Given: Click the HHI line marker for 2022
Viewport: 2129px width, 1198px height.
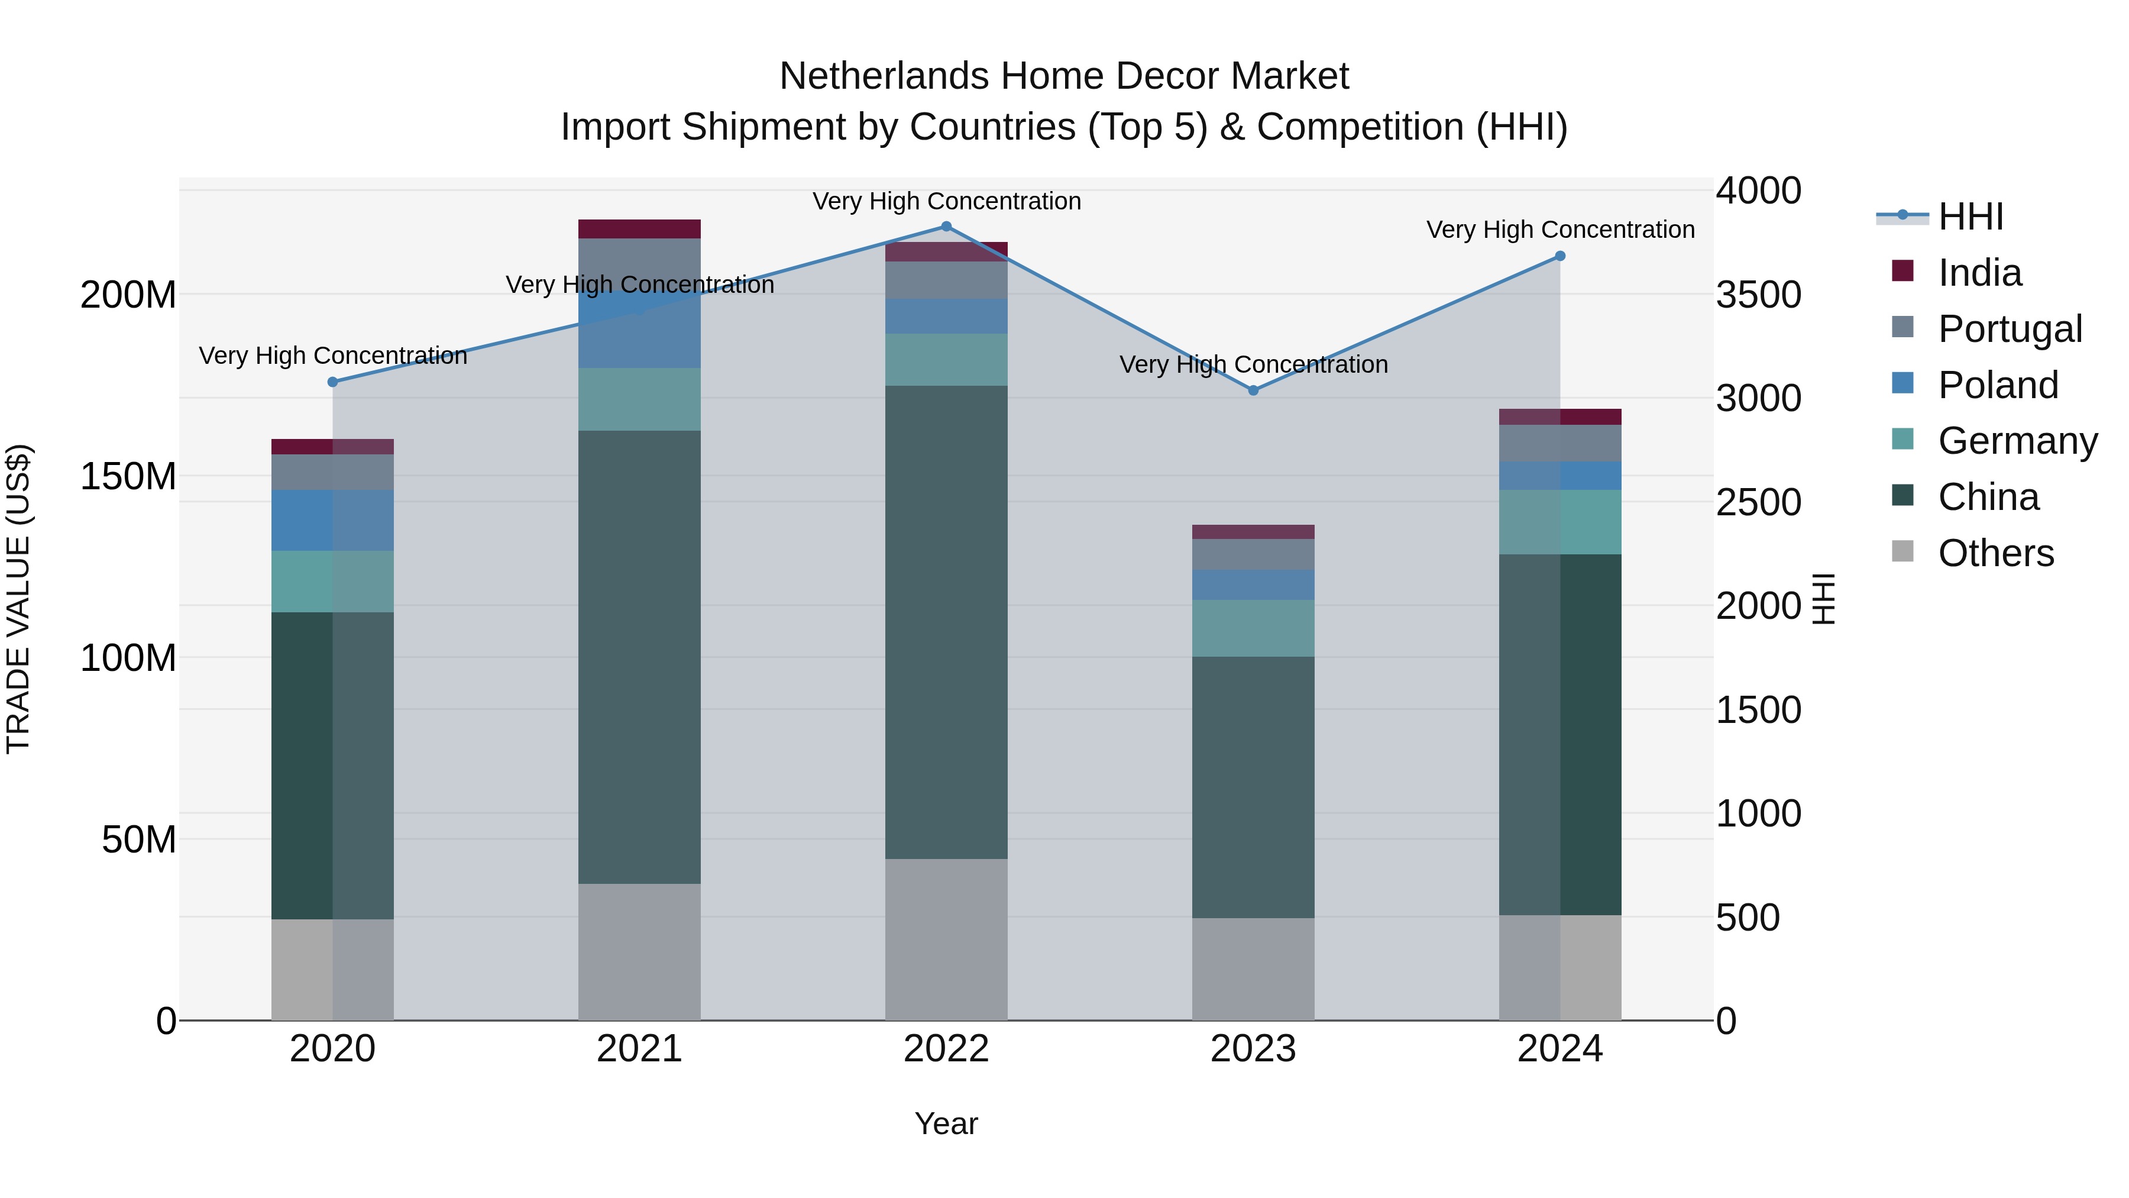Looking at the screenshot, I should [946, 227].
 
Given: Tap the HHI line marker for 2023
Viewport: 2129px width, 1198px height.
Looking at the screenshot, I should [1253, 390].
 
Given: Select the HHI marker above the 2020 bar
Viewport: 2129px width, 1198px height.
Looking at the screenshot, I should [333, 382].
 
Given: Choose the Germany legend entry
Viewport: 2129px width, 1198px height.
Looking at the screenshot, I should [2017, 441].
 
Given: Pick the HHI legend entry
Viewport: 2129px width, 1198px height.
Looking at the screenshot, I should [1971, 217].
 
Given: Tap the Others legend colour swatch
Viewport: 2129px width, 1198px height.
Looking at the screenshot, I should [1902, 551].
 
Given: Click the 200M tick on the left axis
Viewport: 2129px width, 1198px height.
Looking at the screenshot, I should [128, 295].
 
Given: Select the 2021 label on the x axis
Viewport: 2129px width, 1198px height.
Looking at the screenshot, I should [639, 1049].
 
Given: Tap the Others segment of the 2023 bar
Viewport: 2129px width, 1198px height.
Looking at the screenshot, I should [1253, 969].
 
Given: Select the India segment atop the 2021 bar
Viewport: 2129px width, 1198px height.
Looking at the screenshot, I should [639, 229].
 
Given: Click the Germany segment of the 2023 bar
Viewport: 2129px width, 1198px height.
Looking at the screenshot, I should [1253, 628].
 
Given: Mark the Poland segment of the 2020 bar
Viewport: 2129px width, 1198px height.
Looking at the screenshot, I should [333, 520].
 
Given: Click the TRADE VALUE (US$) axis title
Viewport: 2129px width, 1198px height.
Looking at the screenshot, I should [18, 599].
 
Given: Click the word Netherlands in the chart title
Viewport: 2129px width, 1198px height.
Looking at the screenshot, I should [883, 77].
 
